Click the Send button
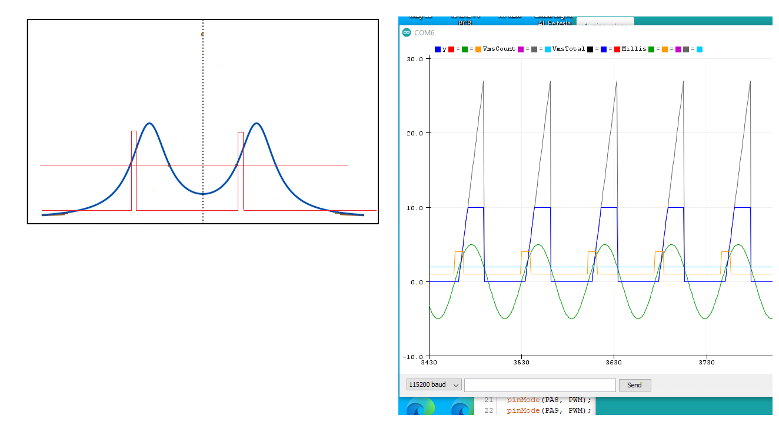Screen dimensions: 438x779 (x=634, y=385)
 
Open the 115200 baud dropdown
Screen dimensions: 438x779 (x=434, y=385)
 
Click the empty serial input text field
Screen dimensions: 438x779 (x=540, y=385)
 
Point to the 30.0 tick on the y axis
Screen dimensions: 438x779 (x=415, y=59)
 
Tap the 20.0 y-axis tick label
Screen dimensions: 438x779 (x=415, y=133)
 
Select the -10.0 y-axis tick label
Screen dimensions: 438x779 (x=414, y=357)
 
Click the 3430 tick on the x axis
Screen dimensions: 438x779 (x=430, y=363)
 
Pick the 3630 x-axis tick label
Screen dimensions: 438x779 (x=614, y=363)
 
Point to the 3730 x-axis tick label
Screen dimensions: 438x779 (x=706, y=363)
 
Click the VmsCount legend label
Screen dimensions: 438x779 (x=499, y=49)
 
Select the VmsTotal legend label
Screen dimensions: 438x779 (x=568, y=49)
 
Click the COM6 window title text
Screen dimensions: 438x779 (x=424, y=33)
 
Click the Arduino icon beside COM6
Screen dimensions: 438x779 (x=407, y=33)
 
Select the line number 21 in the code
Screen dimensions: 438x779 (x=488, y=400)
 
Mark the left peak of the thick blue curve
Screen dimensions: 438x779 (x=150, y=124)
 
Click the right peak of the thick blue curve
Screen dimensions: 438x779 (x=257, y=124)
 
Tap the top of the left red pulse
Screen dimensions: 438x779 (x=134, y=131)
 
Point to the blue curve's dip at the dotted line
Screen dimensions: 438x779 (x=203, y=193)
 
